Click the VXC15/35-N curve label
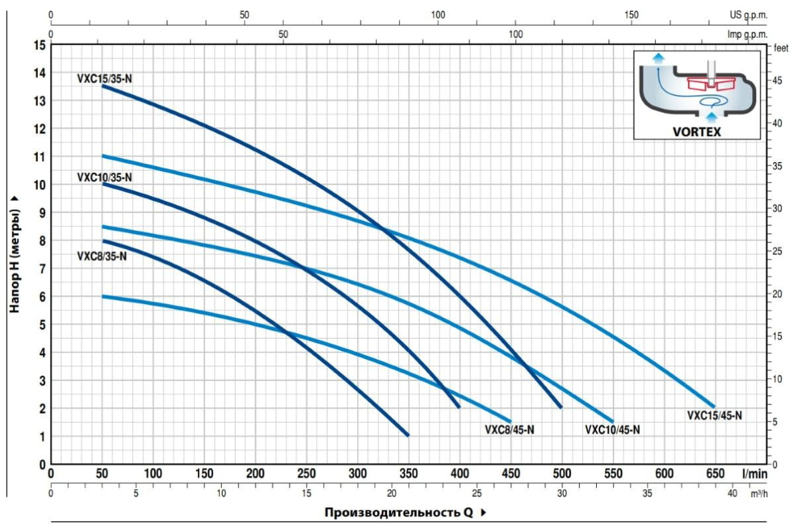[x=104, y=78]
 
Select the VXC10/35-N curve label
[x=104, y=177]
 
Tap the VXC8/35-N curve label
[x=102, y=256]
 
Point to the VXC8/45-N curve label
[x=509, y=429]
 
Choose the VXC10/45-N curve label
[x=612, y=429]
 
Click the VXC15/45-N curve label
[x=714, y=416]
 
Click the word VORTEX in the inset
[x=696, y=131]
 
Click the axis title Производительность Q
[x=398, y=512]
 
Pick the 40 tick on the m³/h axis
[x=732, y=494]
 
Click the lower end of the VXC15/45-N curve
[x=714, y=406]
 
